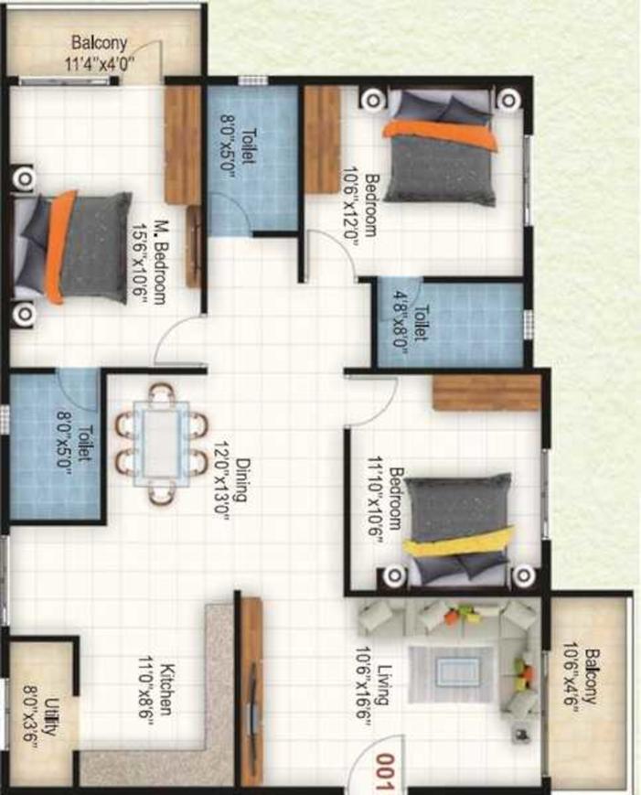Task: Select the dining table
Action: coord(162,445)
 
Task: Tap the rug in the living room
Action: coord(451,674)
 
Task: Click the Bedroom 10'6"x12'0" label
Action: coord(361,206)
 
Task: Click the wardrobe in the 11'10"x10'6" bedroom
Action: coord(486,392)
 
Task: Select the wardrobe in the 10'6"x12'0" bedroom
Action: coord(322,139)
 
